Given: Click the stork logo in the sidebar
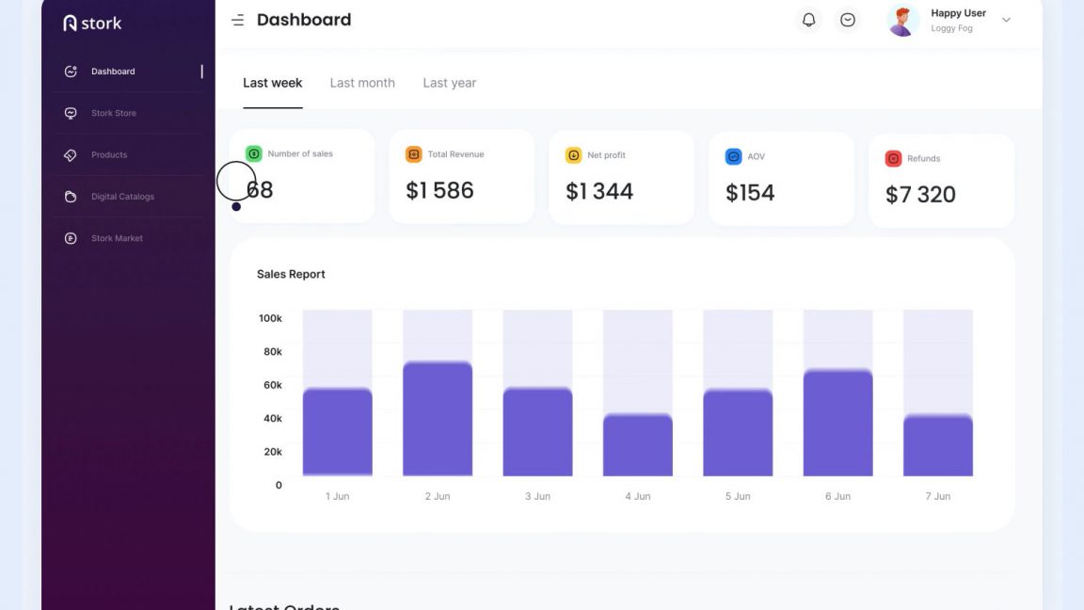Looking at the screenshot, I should [x=92, y=24].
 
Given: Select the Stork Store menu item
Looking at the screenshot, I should [x=113, y=113].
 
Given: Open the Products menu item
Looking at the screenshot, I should [x=108, y=154].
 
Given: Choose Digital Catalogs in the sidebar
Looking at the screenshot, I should [x=122, y=197].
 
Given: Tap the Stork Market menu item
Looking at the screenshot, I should [x=117, y=238].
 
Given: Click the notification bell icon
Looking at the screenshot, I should [x=808, y=20].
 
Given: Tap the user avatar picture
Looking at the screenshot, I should [x=902, y=20].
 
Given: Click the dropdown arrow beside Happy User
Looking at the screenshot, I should [x=1006, y=20].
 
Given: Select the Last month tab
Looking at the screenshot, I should [x=362, y=83].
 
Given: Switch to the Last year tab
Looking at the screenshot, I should [x=449, y=83].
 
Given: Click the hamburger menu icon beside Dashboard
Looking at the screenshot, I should [x=238, y=20].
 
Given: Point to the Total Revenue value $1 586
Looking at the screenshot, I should [x=439, y=190].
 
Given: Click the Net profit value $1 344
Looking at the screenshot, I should [x=599, y=191].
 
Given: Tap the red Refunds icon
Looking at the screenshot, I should [x=893, y=158].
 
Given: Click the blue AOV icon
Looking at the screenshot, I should [x=733, y=156].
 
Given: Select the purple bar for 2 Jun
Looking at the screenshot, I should [x=438, y=419].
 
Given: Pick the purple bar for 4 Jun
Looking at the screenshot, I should [x=638, y=444].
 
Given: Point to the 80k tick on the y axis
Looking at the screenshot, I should [x=272, y=351].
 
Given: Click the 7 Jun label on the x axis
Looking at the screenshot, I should [x=937, y=496].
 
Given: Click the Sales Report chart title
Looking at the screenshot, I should [x=291, y=274].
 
